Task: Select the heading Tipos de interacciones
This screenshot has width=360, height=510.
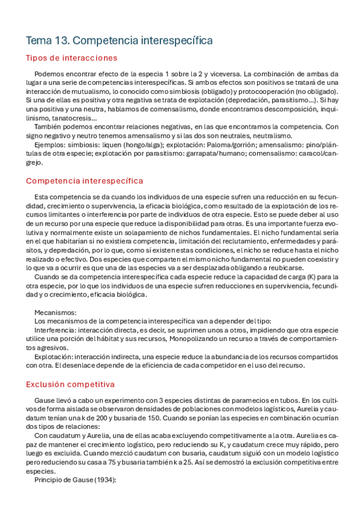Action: click(x=71, y=58)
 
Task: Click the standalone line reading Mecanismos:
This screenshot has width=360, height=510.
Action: click(x=55, y=313)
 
